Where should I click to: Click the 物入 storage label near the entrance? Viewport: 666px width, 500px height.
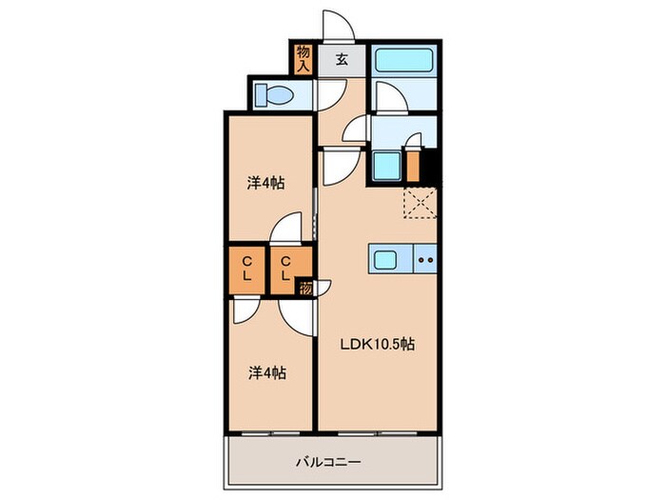[x=304, y=59]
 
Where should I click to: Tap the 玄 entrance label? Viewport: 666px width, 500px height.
[x=341, y=60]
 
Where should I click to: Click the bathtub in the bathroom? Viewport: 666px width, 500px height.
[x=403, y=60]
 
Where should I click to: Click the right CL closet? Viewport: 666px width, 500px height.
[x=285, y=267]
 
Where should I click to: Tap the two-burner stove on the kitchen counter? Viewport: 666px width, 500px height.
[x=425, y=259]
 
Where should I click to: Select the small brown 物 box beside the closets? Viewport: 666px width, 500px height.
[x=304, y=288]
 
